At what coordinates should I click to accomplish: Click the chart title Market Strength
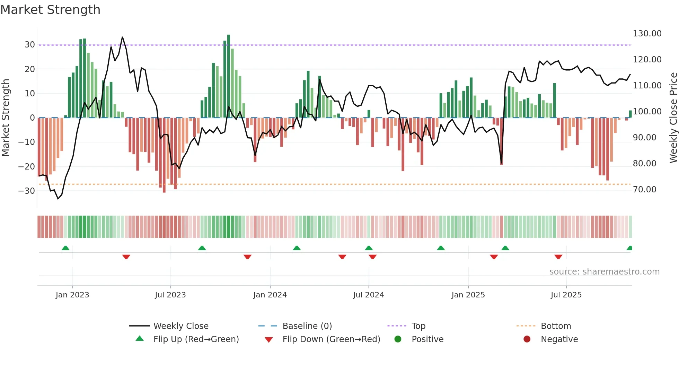[x=50, y=10]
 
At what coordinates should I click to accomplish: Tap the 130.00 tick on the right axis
[x=647, y=34]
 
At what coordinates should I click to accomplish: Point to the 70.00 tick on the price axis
[x=644, y=190]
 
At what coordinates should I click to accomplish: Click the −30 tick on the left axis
[x=27, y=191]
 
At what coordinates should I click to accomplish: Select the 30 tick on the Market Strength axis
[x=29, y=45]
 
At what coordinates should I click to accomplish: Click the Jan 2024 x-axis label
[x=270, y=295]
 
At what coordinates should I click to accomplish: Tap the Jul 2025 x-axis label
[x=566, y=295]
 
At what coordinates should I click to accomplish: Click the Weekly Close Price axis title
[x=673, y=118]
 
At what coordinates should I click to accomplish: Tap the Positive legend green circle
[x=398, y=339]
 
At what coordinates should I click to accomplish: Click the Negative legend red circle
[x=527, y=339]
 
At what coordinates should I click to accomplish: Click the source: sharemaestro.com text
[x=604, y=272]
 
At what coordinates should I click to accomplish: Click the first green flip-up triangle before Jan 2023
[x=65, y=248]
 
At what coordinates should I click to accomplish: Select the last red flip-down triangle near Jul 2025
[x=558, y=257]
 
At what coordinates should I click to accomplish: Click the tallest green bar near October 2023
[x=229, y=76]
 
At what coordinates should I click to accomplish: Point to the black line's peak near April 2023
[x=122, y=37]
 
